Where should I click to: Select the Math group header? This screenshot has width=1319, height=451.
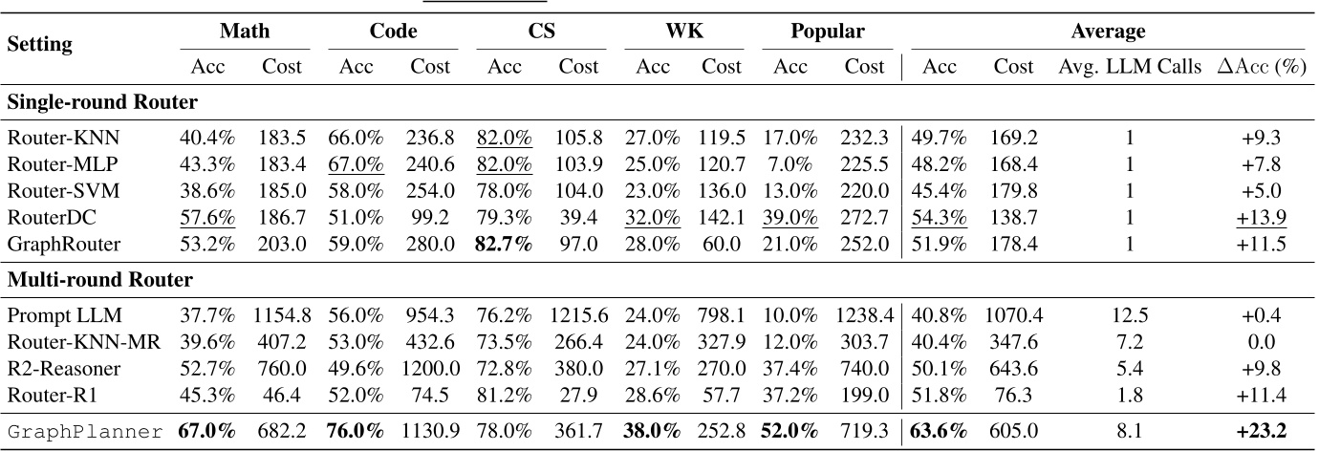tap(245, 32)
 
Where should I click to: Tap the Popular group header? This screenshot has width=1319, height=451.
tap(827, 32)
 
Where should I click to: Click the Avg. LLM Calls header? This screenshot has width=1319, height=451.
tap(1129, 67)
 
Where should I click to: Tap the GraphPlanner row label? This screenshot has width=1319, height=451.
tap(85, 431)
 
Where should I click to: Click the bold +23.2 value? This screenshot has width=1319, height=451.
tap(1262, 431)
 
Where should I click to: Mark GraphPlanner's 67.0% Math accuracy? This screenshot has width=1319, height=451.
tap(207, 431)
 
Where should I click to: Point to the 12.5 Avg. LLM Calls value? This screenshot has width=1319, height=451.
tap(1130, 315)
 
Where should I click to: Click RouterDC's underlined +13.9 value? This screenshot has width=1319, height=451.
tap(1262, 217)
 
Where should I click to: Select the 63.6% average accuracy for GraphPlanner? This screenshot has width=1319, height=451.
tap(941, 431)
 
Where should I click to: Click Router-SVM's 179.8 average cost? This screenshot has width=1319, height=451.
tap(1013, 190)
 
